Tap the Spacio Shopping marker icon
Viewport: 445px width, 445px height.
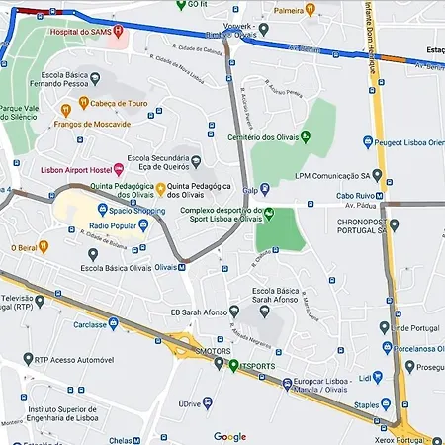tap(102, 210)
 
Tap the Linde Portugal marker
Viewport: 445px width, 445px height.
tap(385, 327)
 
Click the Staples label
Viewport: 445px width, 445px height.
tap(366, 404)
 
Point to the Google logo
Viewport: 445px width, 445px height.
tap(229, 436)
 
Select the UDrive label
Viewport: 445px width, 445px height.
tap(191, 404)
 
